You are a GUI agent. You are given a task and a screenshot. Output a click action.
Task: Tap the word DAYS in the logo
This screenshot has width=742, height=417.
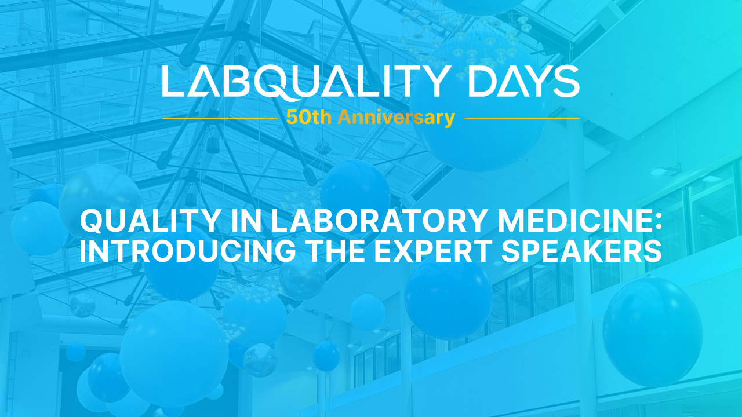pyautogui.click(x=525, y=81)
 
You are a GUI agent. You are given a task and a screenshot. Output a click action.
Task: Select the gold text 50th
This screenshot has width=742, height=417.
pyautogui.click(x=309, y=117)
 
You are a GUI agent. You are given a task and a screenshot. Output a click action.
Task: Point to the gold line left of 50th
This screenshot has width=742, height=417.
pyautogui.click(x=220, y=118)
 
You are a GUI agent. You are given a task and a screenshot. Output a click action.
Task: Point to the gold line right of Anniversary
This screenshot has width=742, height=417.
pyautogui.click(x=522, y=118)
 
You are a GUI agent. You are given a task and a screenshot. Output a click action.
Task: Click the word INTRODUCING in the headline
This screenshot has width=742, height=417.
pyautogui.click(x=187, y=251)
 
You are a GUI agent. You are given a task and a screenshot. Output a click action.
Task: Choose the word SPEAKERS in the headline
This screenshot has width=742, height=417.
pyautogui.click(x=581, y=251)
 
